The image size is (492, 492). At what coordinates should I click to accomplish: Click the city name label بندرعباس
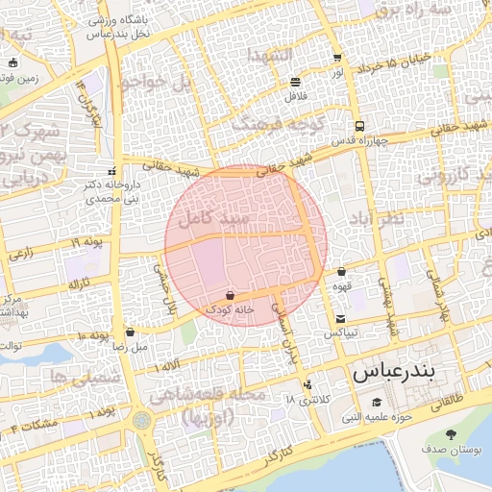405,371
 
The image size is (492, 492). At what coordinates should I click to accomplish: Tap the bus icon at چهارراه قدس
359,126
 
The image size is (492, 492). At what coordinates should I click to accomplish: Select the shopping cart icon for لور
336,58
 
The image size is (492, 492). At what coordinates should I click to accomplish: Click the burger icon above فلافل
294,82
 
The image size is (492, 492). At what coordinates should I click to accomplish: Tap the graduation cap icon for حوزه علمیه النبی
377,402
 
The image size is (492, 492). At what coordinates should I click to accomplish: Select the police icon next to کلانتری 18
307,386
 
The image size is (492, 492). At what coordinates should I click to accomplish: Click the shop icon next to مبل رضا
130,332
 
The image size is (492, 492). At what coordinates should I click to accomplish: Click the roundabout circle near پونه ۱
142,420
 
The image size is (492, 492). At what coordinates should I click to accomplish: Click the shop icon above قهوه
341,272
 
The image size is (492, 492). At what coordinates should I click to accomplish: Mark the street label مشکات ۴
34,424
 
